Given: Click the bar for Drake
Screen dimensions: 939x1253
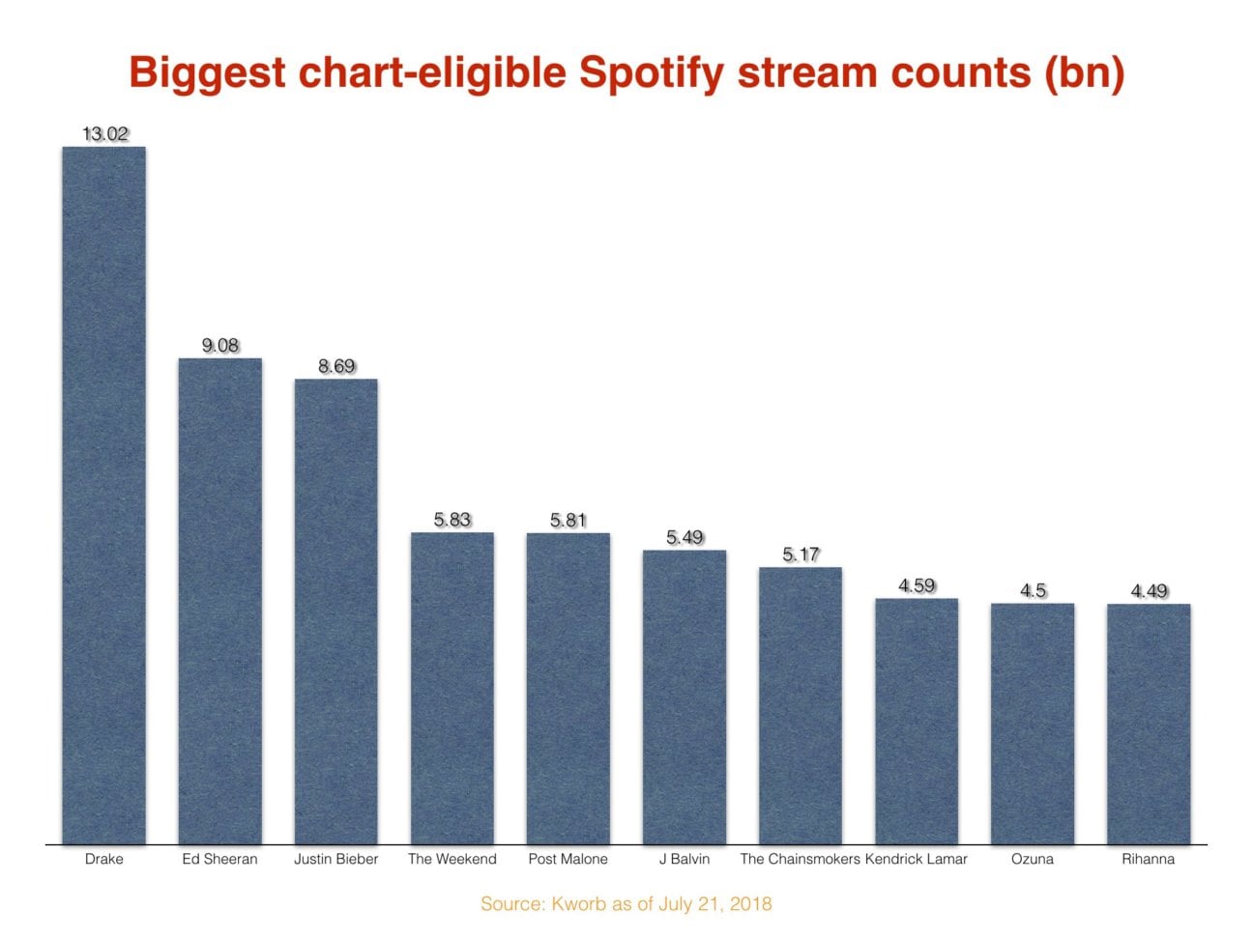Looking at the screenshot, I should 103,495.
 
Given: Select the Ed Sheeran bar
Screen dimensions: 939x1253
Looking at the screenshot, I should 219,601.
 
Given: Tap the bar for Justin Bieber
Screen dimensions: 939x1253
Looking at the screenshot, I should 335,611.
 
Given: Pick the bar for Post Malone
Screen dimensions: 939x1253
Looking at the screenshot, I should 568,688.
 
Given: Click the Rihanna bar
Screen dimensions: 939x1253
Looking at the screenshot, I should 1148,724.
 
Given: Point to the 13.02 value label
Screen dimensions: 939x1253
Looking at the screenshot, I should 104,134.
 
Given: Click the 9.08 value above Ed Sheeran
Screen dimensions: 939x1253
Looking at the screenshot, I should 220,346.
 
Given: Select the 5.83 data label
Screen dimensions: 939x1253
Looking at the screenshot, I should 452,520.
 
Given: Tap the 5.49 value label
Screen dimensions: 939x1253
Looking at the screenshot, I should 685,537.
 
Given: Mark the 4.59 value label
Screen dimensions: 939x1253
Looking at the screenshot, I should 917,585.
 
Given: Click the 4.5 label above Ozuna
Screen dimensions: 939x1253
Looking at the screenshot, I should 1033,590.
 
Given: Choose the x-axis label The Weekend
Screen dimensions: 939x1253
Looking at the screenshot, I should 452,859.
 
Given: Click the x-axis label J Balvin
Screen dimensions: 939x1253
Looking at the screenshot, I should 685,859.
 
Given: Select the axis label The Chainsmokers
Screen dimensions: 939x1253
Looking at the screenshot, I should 800,859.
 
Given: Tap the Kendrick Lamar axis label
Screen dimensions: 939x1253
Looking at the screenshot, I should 916,859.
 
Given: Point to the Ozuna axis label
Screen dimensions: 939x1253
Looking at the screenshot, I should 1032,859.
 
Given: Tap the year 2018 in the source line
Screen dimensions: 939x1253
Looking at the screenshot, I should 751,904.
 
